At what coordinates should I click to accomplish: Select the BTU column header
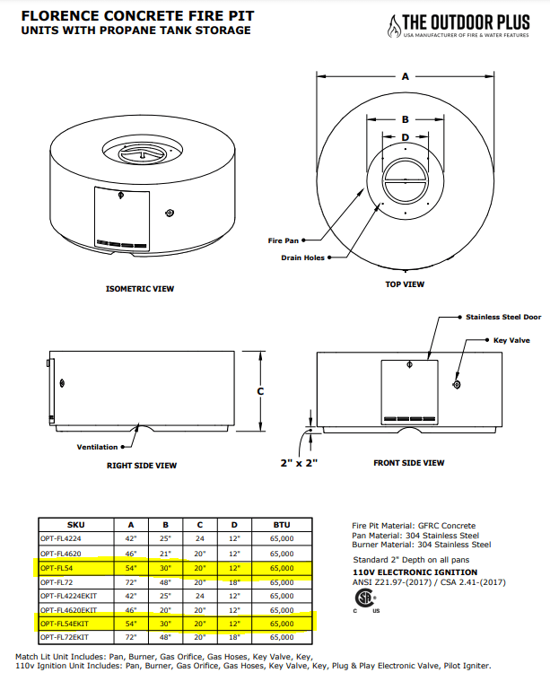click(x=281, y=525)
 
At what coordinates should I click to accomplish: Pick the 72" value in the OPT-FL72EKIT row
click(x=132, y=637)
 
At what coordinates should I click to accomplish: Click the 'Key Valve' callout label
click(x=513, y=341)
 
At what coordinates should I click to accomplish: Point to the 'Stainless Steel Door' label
click(x=503, y=317)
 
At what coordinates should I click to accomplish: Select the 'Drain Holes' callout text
click(x=302, y=258)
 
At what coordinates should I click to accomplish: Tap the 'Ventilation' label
click(x=97, y=447)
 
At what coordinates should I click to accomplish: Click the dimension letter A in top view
click(x=406, y=78)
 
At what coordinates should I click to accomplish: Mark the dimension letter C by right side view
click(x=260, y=391)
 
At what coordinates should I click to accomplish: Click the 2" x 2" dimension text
click(x=299, y=463)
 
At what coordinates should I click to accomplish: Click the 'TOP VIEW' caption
click(x=405, y=284)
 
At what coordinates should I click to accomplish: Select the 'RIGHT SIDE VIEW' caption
click(x=142, y=466)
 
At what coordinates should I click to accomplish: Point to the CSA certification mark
click(x=363, y=598)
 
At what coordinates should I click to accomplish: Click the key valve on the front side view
click(x=457, y=384)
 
